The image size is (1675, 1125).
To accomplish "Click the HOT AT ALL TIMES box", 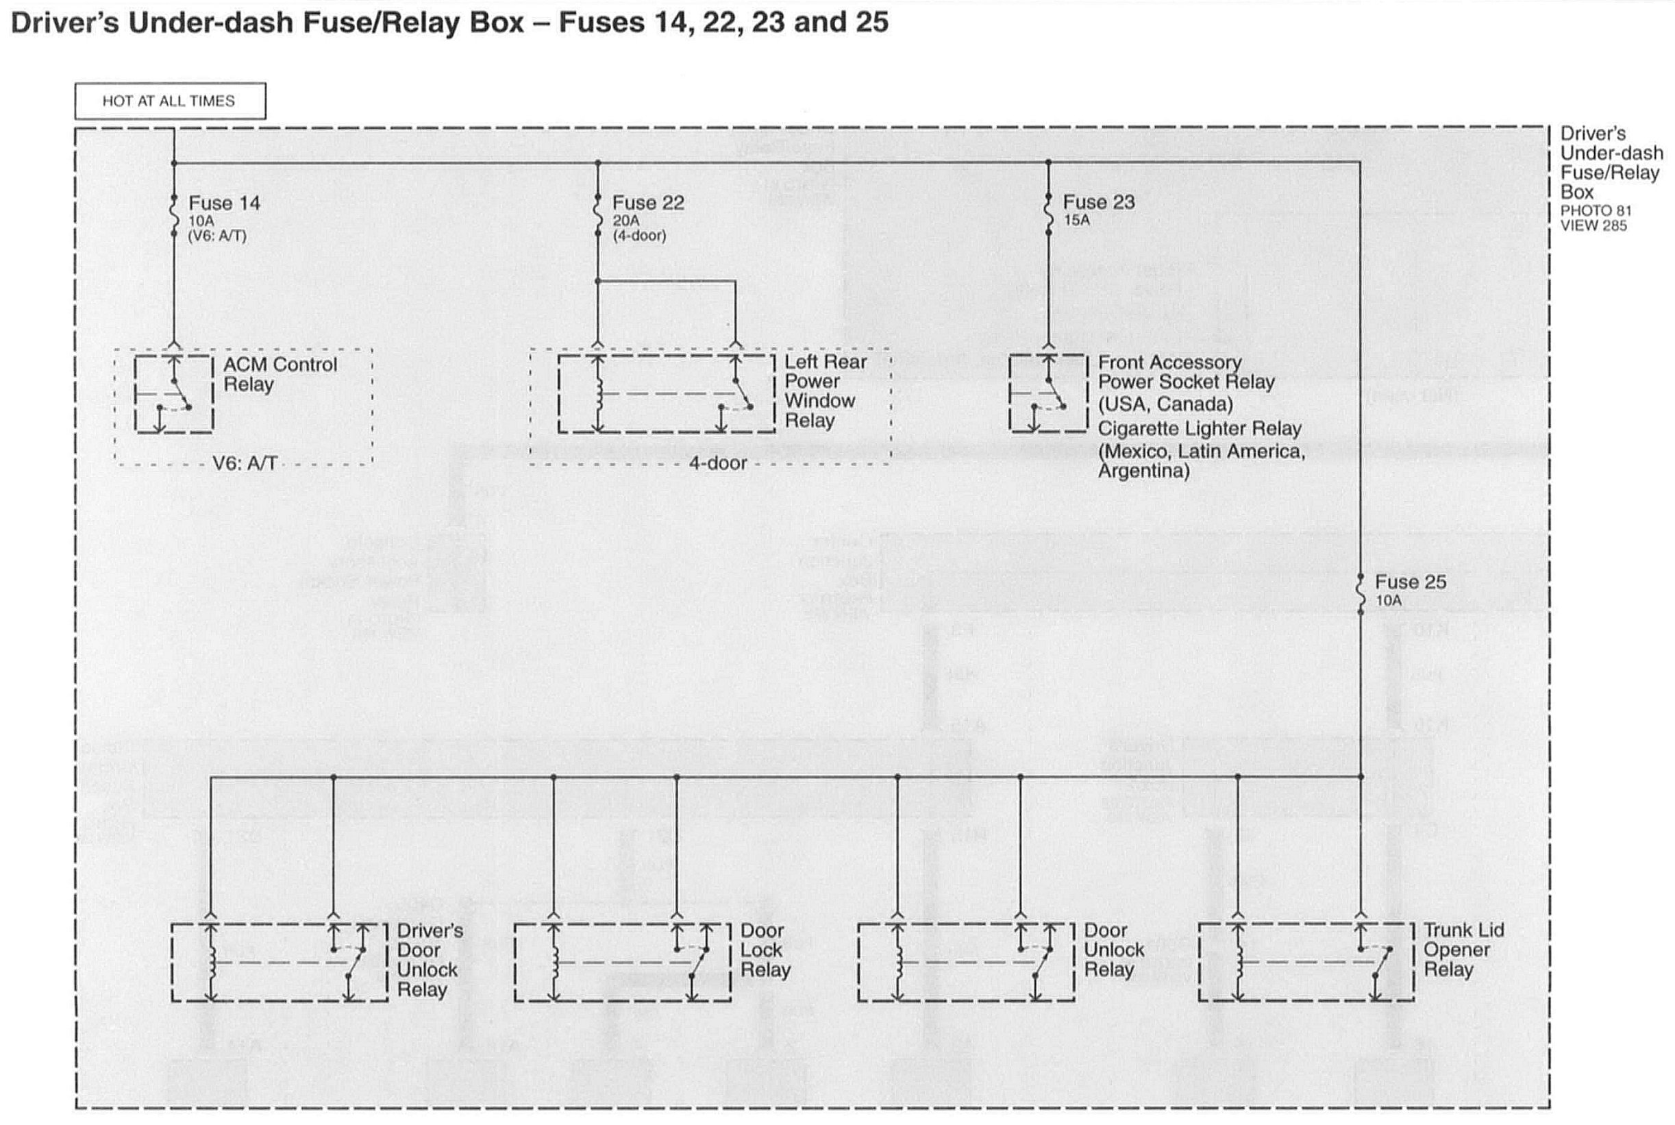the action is coord(169,101).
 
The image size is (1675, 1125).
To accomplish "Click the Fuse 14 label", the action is coord(224,203).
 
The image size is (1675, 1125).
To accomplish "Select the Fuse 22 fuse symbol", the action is coord(597,214).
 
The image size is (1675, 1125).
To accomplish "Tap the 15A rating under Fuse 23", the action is coord(1076,220).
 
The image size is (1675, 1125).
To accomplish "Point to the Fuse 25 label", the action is coord(1410,582).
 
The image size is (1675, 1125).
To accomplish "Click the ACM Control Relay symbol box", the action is coord(173,394).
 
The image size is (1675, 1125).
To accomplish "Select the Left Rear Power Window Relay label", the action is coord(825,391).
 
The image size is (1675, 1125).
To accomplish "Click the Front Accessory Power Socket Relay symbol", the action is coord(1048,394).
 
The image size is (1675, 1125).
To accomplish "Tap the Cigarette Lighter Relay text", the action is coord(1200,429).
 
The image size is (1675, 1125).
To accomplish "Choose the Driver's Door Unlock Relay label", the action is coord(429,960).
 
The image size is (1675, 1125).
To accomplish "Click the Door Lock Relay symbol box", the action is coord(622,962).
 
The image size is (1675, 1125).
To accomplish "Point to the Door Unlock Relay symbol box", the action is coord(965,962).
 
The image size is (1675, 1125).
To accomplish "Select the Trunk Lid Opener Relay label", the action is coord(1463,950).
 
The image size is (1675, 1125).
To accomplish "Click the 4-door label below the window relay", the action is coord(717,463).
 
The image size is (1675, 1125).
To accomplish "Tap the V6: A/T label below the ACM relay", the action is coord(245,463).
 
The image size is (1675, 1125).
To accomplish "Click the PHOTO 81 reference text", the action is coord(1596,211).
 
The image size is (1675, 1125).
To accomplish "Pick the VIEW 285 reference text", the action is coord(1593,226).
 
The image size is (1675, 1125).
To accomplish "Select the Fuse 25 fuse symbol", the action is coord(1360,595).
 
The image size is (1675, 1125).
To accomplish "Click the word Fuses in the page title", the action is coord(601,23).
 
